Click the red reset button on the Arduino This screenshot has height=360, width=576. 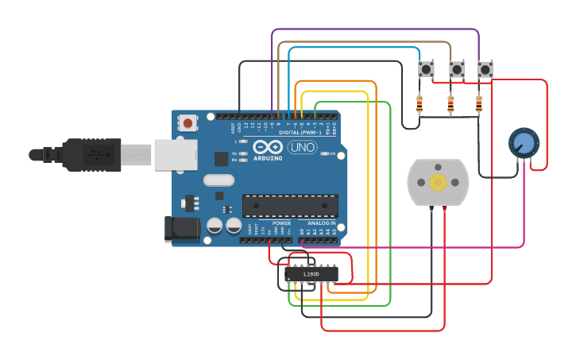click(x=188, y=123)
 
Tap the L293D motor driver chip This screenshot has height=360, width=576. click(x=311, y=274)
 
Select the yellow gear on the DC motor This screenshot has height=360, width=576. click(x=438, y=183)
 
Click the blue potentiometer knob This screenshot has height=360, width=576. click(x=523, y=144)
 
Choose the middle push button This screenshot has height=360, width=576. click(x=456, y=70)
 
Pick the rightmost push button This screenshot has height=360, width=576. click(x=485, y=70)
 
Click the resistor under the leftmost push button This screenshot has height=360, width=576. click(x=420, y=103)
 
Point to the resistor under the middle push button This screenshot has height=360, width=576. click(x=450, y=103)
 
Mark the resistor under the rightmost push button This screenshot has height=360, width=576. click(x=478, y=103)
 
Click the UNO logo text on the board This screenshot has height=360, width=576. click(x=302, y=148)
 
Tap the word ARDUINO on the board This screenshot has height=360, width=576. click(x=269, y=157)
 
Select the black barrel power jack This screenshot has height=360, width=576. click(x=182, y=229)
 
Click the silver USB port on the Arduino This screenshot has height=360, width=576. click(x=175, y=154)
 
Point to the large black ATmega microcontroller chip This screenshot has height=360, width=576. click(x=290, y=206)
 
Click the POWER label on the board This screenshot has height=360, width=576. click(x=281, y=223)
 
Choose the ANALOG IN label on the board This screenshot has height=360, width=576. click(x=322, y=223)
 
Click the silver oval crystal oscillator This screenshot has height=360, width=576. click(x=218, y=180)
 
